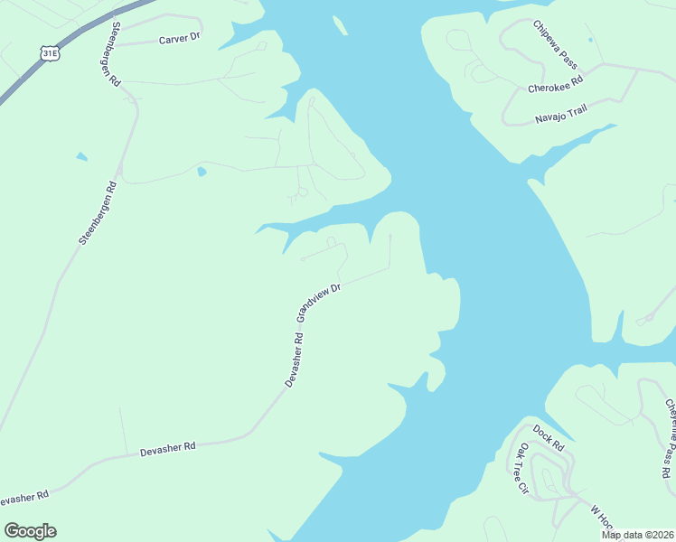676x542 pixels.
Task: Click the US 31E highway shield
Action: click(52, 53)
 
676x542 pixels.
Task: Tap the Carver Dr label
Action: click(179, 39)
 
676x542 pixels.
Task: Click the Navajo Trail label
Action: click(560, 114)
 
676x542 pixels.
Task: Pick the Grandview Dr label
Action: click(319, 303)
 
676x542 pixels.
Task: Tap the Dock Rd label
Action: click(548, 438)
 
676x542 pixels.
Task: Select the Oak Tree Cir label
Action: click(521, 469)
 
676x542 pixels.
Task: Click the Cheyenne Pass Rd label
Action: click(670, 438)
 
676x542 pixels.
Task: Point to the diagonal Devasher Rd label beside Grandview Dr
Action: click(294, 360)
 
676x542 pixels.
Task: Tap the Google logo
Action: click(30, 531)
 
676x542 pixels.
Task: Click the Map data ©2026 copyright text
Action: click(637, 535)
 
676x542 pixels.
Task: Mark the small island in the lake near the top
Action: click(339, 26)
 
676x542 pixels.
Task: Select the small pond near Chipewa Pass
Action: click(590, 40)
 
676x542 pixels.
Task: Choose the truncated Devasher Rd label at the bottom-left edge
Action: click(23, 498)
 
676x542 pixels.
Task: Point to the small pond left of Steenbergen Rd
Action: click(82, 157)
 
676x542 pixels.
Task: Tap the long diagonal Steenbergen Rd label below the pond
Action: click(99, 214)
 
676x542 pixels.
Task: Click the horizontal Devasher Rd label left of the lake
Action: click(168, 447)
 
